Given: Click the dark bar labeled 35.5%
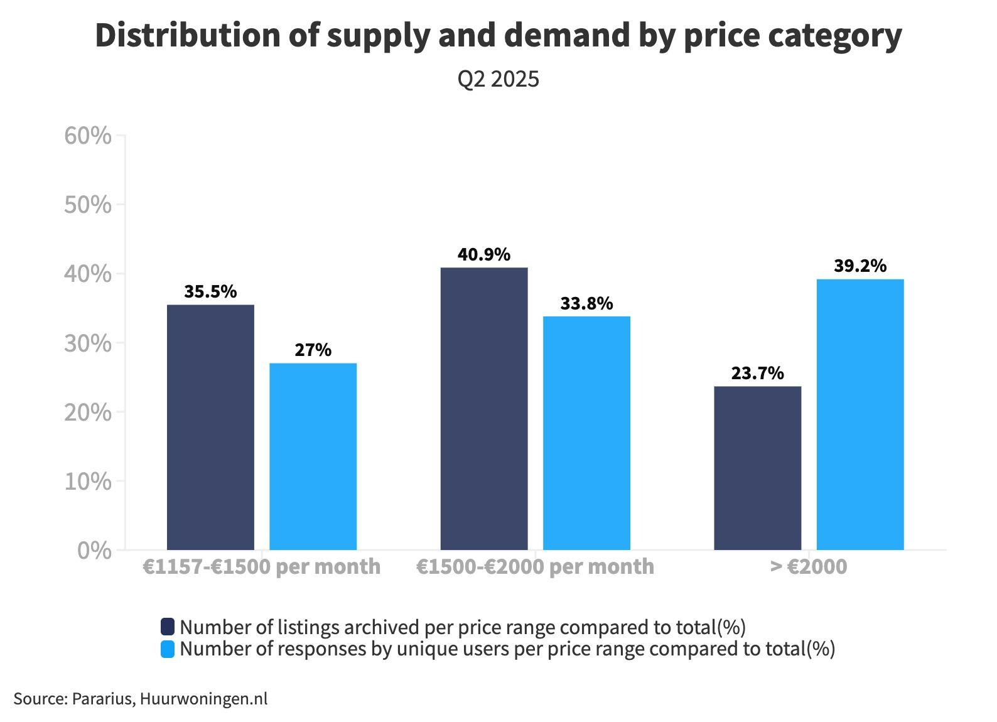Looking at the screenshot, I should pyautogui.click(x=210, y=427).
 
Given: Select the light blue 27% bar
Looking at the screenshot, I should pyautogui.click(x=313, y=456).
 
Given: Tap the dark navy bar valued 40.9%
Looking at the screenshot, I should pyautogui.click(x=484, y=409).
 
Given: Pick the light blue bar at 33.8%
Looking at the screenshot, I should pyautogui.click(x=586, y=433).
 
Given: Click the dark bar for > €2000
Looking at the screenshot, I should pyautogui.click(x=758, y=468).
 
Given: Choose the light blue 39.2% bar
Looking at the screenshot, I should pyautogui.click(x=860, y=414).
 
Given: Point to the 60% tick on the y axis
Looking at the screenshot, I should pyautogui.click(x=88, y=136).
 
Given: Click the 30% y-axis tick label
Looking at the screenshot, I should pyautogui.click(x=88, y=343).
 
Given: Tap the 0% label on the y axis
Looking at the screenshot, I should pyautogui.click(x=94, y=551).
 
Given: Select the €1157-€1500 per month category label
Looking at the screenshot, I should pyautogui.click(x=261, y=566).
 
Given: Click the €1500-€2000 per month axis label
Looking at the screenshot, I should pyautogui.click(x=535, y=566).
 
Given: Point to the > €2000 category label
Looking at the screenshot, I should pyautogui.click(x=809, y=566).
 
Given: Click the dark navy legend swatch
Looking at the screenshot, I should pyautogui.click(x=168, y=627).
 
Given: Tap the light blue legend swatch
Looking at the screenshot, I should pyautogui.click(x=168, y=649).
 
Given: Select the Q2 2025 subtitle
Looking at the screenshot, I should pyautogui.click(x=498, y=79).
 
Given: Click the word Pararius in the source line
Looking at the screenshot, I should pyautogui.click(x=102, y=699).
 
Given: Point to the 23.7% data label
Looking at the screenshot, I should pyautogui.click(x=757, y=373).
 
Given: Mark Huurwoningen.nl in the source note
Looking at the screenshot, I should pyautogui.click(x=203, y=699).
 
